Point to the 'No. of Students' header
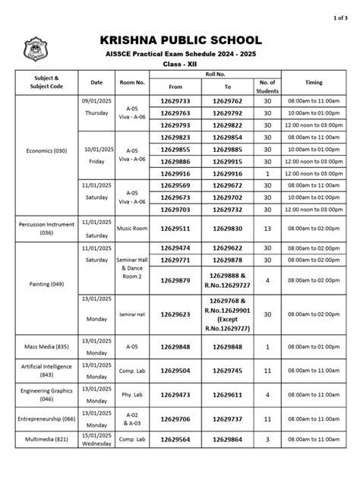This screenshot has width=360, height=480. tap(267, 85)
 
